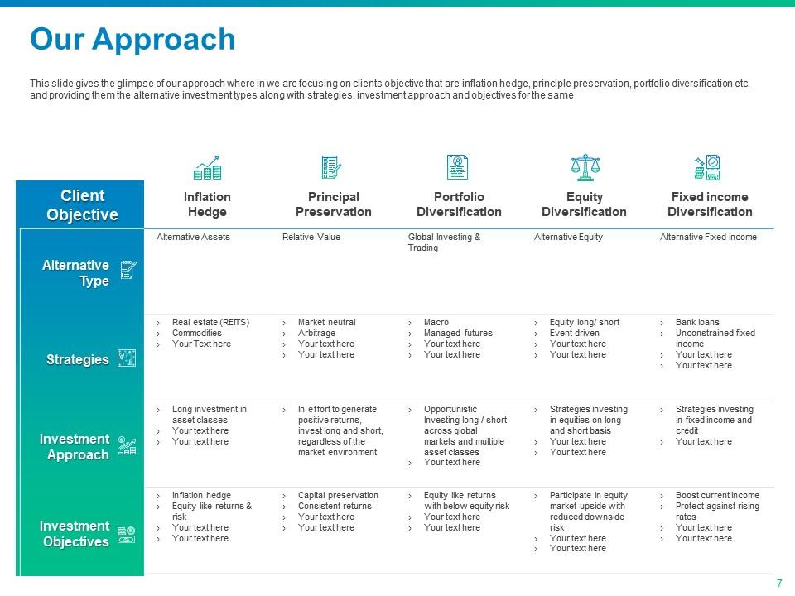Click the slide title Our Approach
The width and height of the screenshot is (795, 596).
point(132,40)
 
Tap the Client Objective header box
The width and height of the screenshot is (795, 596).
point(80,204)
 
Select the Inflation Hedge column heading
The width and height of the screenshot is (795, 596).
point(207,204)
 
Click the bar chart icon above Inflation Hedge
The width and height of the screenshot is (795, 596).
point(207,168)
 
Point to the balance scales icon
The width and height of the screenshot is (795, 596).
point(585,168)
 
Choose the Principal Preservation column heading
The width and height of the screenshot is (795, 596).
point(334,204)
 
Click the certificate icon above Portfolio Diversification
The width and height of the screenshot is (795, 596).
point(457,167)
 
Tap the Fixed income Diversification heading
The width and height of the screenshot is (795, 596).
point(710,204)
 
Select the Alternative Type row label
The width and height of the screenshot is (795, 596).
point(75,272)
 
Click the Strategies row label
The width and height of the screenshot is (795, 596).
point(78,359)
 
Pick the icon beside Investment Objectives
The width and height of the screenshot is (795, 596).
point(126,535)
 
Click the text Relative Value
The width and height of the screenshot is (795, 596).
point(311,237)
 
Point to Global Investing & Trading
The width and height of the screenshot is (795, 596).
point(444,243)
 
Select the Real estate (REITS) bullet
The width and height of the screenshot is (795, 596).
point(210,322)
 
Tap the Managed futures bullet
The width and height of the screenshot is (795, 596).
point(458,333)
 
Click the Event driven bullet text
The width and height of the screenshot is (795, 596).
point(575,333)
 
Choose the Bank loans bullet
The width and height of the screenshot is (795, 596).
point(697,322)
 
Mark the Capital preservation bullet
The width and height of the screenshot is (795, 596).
point(338,495)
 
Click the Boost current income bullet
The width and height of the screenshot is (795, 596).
point(717,495)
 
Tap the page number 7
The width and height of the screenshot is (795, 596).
point(779,584)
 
